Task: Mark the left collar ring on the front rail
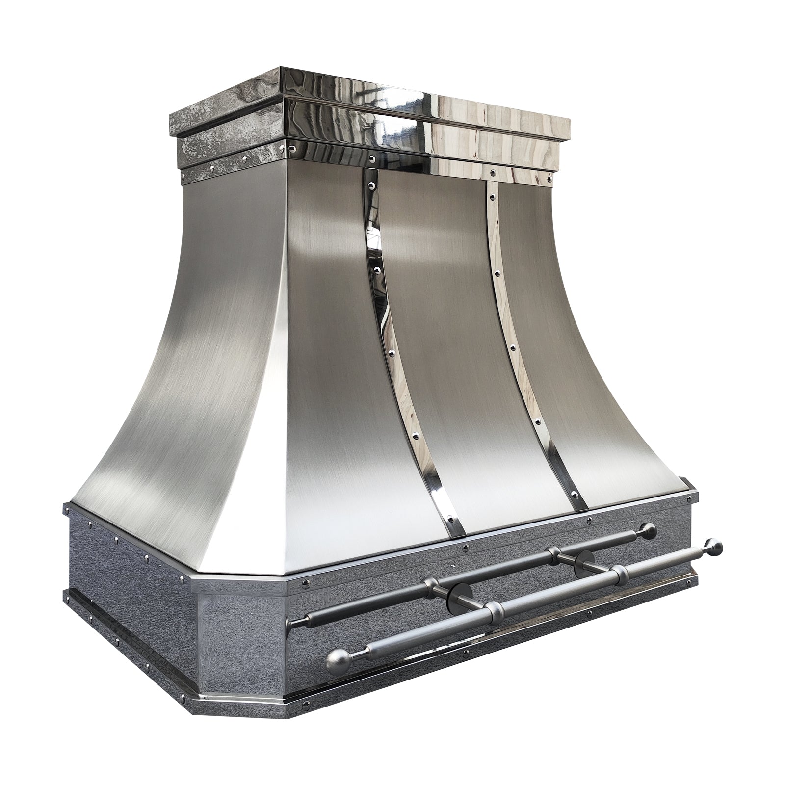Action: click(x=495, y=610)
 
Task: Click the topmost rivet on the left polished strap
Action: click(x=371, y=185)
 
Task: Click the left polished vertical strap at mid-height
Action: click(x=386, y=334)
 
